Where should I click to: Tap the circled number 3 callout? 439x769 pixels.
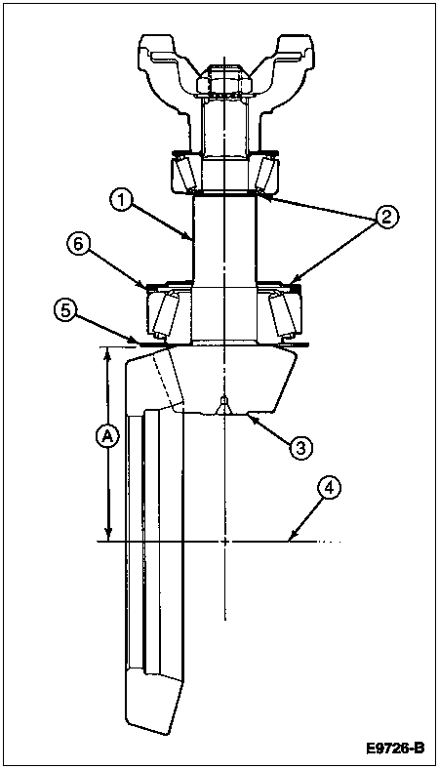[x=300, y=446]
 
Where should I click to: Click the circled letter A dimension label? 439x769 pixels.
[x=107, y=436]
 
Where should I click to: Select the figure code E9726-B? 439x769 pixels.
[x=395, y=749]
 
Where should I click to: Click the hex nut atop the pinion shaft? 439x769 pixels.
[x=224, y=80]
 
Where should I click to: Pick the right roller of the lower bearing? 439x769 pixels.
[x=284, y=316]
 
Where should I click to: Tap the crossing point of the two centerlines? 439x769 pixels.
[x=224, y=542]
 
